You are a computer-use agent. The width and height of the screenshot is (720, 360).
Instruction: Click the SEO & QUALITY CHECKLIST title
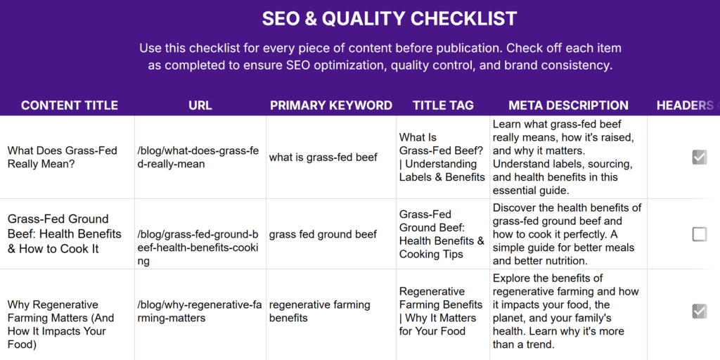coord(390,19)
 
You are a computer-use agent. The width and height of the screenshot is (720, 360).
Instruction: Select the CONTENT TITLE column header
coord(70,105)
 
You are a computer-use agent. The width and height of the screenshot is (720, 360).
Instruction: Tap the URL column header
coord(200,105)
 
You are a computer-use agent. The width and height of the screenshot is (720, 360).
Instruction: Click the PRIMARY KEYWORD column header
coord(331,105)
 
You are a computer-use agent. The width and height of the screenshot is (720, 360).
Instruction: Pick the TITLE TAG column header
coord(443,105)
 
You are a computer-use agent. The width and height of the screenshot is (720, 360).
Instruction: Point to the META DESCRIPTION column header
coord(568,105)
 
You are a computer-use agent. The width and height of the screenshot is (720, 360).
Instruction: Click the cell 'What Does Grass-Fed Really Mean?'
coord(62,157)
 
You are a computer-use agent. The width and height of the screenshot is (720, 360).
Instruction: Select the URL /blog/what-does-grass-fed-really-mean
coord(198,157)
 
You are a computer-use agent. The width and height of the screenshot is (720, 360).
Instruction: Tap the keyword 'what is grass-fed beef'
coord(323,157)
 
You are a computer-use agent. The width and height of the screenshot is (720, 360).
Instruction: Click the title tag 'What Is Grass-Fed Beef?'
coord(442,157)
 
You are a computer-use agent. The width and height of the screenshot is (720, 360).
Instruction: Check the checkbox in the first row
coord(699,157)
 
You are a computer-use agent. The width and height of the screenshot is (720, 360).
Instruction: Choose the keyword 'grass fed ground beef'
coord(323,234)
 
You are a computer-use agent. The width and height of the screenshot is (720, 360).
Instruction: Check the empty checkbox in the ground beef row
coord(699,234)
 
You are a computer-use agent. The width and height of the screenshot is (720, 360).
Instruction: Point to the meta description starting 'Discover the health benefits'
coord(567,234)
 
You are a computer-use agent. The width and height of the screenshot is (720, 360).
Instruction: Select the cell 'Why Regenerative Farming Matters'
coord(60,324)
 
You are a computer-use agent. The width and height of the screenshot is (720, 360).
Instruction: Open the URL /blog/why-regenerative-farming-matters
coord(198,311)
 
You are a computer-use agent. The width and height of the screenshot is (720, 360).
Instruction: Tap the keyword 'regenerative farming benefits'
coord(319,311)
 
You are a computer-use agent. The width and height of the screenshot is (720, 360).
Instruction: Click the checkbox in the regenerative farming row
coord(699,311)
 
